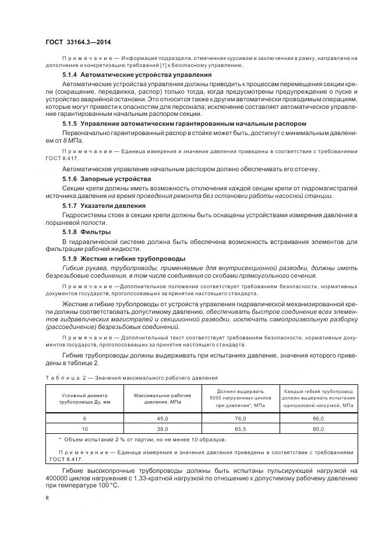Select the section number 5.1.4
click(x=70, y=75)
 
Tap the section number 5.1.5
click(x=70, y=124)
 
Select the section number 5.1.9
click(x=70, y=258)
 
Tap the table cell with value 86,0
click(x=317, y=418)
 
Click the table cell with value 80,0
click(x=317, y=429)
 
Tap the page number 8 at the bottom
click(x=47, y=498)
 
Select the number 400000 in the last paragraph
click(x=59, y=479)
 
